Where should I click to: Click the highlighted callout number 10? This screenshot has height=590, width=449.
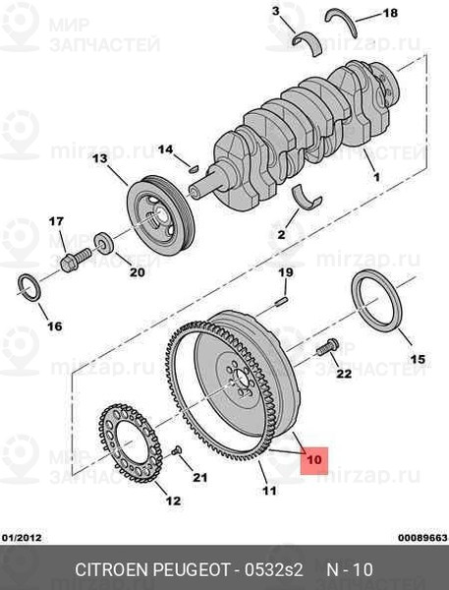[314, 460]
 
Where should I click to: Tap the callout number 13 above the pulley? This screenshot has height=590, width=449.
[99, 158]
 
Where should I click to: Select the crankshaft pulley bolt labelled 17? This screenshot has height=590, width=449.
[76, 260]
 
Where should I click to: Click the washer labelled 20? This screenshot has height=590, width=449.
[104, 243]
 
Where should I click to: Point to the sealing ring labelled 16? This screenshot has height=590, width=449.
[28, 288]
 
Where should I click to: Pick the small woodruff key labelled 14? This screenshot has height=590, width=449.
[194, 169]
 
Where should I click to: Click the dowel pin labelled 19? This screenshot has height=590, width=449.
[282, 301]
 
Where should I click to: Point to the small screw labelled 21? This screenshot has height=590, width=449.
[177, 450]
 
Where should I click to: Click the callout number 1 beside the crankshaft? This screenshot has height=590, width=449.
[376, 176]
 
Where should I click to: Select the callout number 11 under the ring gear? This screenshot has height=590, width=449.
[269, 491]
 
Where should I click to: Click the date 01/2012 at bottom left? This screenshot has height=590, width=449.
[22, 537]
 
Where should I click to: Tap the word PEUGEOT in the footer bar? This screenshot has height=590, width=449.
[192, 569]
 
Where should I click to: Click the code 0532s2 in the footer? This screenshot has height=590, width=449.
[273, 569]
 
